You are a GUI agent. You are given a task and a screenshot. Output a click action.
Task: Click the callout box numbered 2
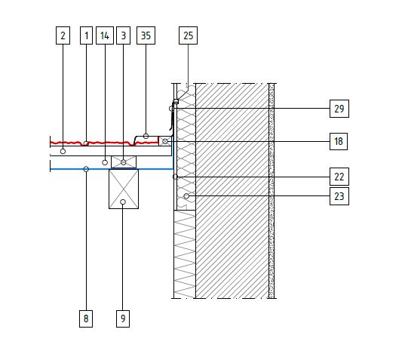tap(63, 35)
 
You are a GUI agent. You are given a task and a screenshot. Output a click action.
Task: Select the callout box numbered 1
tap(86, 35)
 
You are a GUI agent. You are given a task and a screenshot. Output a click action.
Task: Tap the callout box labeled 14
tap(105, 35)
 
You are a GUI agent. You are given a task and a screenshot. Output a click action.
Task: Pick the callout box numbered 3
tap(123, 35)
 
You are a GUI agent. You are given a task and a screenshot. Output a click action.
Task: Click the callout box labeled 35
tap(146, 35)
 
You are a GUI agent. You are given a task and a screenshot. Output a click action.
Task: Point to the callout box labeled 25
tap(188, 35)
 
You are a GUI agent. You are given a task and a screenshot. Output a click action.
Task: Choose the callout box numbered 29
tap(339, 109)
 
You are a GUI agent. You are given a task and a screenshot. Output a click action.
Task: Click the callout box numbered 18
tap(339, 141)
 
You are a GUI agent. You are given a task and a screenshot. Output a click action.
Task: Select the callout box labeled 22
tap(339, 177)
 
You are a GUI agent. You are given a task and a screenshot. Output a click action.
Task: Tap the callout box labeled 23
tap(339, 196)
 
